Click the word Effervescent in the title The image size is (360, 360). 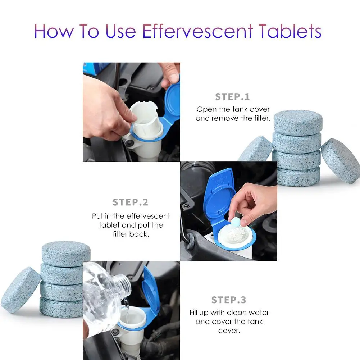[197, 31]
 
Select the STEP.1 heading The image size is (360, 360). [232, 97]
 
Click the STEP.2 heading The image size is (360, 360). [130, 202]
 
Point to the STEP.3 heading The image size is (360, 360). [228, 300]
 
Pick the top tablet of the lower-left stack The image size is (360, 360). [65, 252]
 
